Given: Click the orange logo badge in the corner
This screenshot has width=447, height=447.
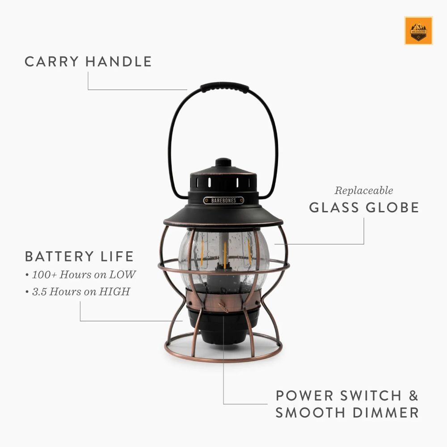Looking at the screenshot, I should pos(418,30).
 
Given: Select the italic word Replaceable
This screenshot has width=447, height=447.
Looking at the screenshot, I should pos(364,190).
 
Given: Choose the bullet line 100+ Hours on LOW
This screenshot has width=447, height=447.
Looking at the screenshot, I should pos(80,274).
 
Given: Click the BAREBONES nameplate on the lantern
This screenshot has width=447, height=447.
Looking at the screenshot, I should pos(223,201).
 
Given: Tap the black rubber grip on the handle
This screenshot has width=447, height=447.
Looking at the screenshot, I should pos(224,87).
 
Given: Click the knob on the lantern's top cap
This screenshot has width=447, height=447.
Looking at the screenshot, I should pos(223,163).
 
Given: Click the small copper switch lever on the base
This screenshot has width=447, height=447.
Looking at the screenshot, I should pos(222,306).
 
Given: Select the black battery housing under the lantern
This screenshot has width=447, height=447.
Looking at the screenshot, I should pos(223,329).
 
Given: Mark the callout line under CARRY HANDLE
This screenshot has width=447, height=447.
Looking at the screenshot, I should pos(134,89).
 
